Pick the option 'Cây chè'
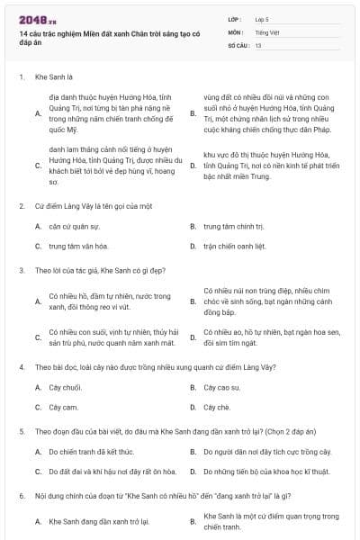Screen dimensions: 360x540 (x=217, y=406)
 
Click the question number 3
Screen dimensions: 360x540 (x=21, y=269)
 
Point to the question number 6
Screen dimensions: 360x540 (x=21, y=496)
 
